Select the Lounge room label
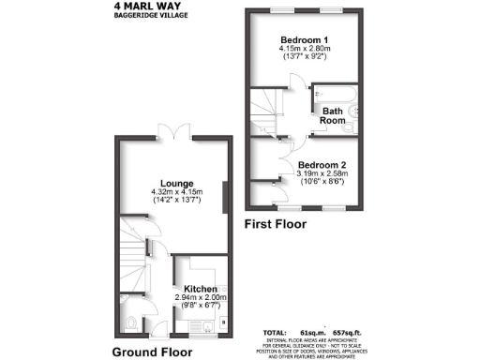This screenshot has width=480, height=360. coord(176,183)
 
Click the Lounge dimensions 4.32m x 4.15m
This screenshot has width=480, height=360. coord(176,192)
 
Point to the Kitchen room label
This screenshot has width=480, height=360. coord(200,289)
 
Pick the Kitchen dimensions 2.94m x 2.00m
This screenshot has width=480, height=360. coord(200,298)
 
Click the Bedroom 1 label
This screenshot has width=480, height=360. coord(304,39)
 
